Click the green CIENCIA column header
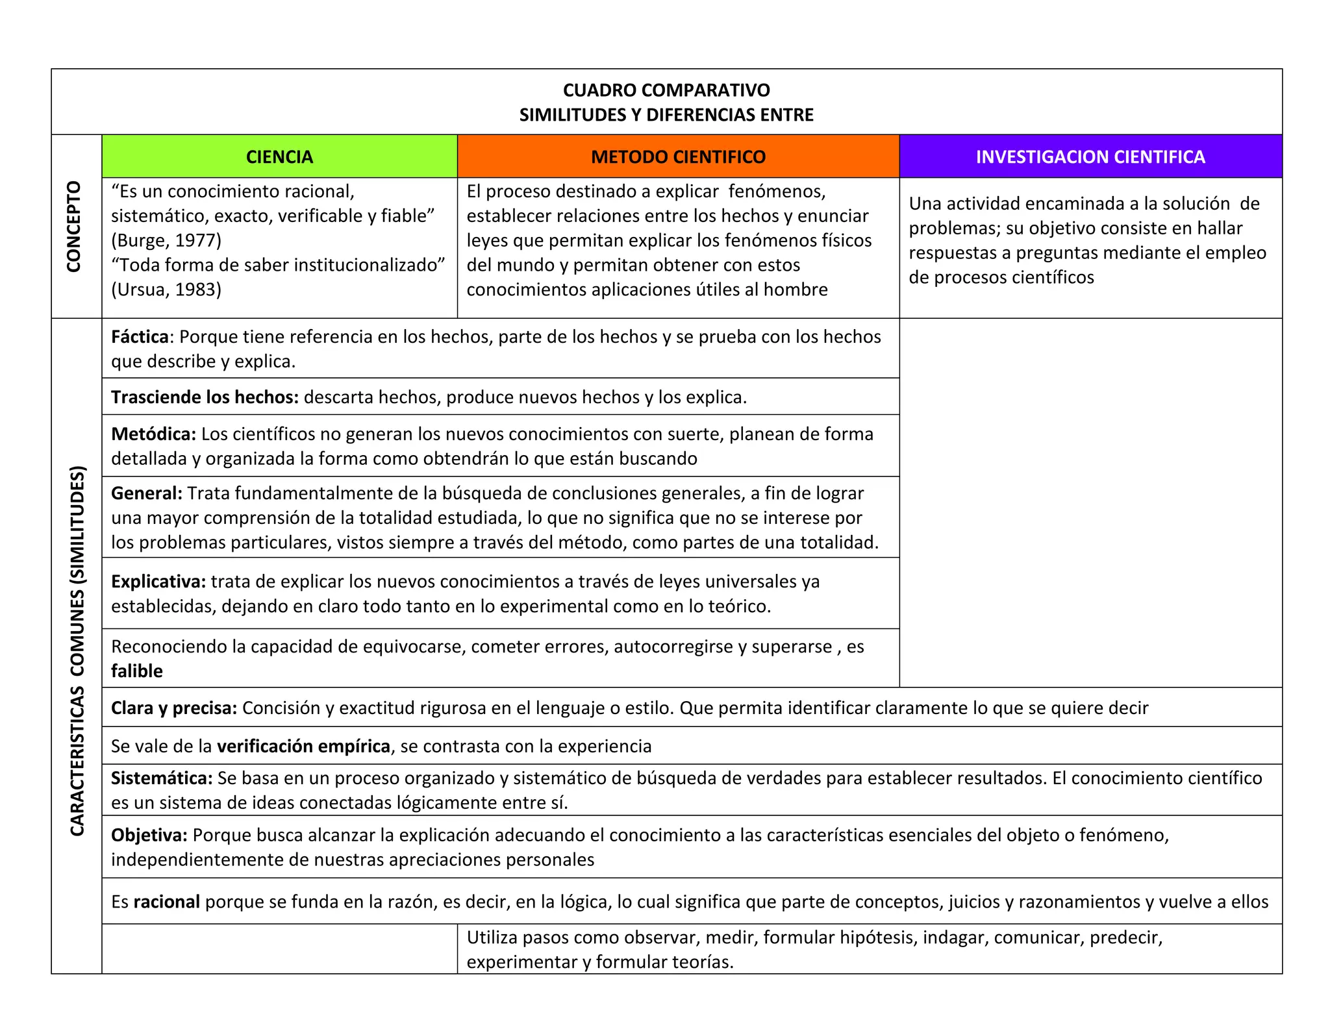pyautogui.click(x=279, y=157)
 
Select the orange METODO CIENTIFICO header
pyautogui.click(x=678, y=157)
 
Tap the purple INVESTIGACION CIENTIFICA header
pyautogui.click(x=1090, y=157)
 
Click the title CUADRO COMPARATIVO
pyautogui.click(x=666, y=90)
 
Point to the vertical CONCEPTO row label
pyautogui.click(x=75, y=227)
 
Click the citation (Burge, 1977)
pyautogui.click(x=166, y=241)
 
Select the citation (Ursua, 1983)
pyautogui.click(x=166, y=290)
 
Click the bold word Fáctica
pyautogui.click(x=140, y=337)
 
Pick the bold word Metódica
pyautogui.click(x=153, y=434)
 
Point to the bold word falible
pyautogui.click(x=137, y=671)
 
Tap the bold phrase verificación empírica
pyautogui.click(x=303, y=747)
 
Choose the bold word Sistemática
pyautogui.click(x=162, y=778)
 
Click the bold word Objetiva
pyautogui.click(x=149, y=835)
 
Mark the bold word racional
pyautogui.click(x=166, y=902)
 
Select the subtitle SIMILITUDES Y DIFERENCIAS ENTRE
pyautogui.click(x=666, y=115)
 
